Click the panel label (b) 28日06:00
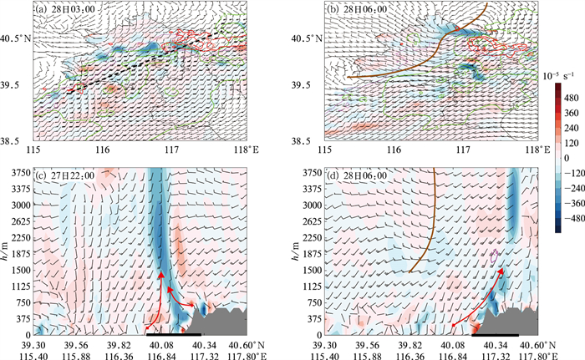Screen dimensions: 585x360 (357, 9)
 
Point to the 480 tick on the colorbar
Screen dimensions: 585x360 (571, 98)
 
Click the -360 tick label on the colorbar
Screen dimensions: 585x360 (572, 204)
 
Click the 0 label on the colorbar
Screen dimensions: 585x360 (567, 158)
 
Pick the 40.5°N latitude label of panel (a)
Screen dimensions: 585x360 (15, 38)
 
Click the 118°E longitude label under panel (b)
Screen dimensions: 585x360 (537, 150)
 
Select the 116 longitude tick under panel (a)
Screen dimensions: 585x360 (103, 150)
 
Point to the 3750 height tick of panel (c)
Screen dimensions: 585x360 (20, 173)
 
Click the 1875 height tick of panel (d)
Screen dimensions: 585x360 (311, 254)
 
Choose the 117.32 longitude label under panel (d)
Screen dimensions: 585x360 (495, 356)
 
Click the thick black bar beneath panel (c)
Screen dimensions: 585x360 (174, 335)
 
